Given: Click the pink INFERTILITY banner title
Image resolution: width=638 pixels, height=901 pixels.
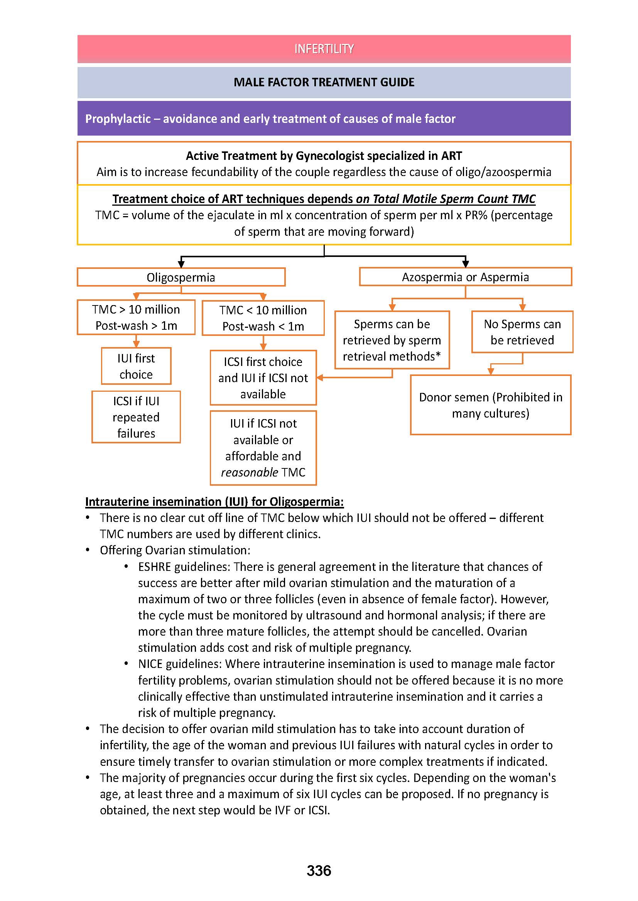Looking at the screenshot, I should [x=324, y=49].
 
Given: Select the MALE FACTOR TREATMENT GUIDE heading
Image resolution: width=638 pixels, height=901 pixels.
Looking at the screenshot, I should [x=324, y=82].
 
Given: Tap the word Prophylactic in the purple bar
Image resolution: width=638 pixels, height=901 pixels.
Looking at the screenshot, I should [x=118, y=119].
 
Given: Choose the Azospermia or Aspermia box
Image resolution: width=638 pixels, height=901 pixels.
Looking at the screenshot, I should [x=465, y=277].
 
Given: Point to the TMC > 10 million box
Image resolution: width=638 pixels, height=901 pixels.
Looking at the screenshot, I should [x=136, y=317].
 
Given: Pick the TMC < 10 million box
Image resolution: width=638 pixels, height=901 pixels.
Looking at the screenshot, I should [x=263, y=318].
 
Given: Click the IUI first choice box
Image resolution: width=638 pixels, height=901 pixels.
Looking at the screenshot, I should [x=136, y=366].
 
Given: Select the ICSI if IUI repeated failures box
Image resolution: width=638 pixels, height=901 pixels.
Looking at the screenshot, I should [x=136, y=417].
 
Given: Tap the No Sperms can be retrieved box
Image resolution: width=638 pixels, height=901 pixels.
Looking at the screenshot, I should [x=522, y=332].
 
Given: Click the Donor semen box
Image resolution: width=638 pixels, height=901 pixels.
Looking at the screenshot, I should [x=490, y=405].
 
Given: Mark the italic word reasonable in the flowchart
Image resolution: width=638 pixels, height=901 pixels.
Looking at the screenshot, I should [x=250, y=472].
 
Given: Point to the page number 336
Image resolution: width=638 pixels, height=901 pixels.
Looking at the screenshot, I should [x=319, y=871].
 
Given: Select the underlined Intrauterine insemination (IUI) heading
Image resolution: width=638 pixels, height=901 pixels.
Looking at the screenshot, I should [x=214, y=502].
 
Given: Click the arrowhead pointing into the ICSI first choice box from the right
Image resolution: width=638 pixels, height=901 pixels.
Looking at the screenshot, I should [x=320, y=378].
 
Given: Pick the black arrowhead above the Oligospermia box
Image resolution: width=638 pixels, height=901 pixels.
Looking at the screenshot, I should [x=181, y=264].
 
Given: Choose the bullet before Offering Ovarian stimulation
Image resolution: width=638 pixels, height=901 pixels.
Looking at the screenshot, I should [x=88, y=550].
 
